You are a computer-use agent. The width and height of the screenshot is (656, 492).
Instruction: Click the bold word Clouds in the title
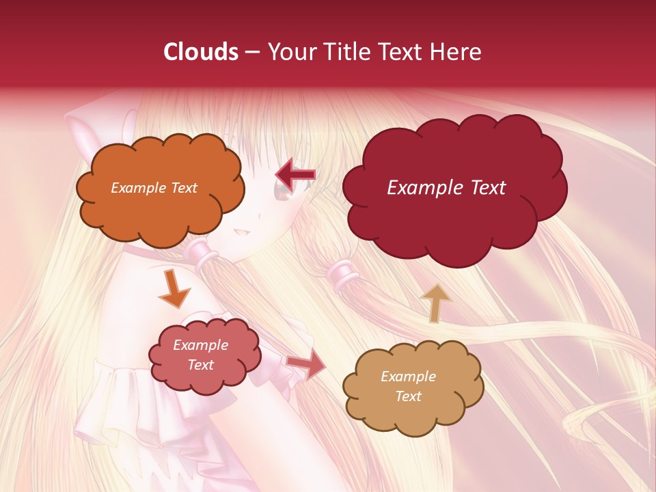201,52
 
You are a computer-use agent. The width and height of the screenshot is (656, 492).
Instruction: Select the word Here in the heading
456,52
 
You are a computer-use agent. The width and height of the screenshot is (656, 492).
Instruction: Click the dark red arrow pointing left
295,175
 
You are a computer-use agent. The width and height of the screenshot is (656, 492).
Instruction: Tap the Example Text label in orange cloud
154,187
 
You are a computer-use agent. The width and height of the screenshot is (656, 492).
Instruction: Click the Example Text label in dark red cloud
446,187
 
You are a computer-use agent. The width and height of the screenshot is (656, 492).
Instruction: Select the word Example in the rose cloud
200,345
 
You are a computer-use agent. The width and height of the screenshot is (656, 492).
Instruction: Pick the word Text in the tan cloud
408,396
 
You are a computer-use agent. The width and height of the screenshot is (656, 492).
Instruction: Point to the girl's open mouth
241,233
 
